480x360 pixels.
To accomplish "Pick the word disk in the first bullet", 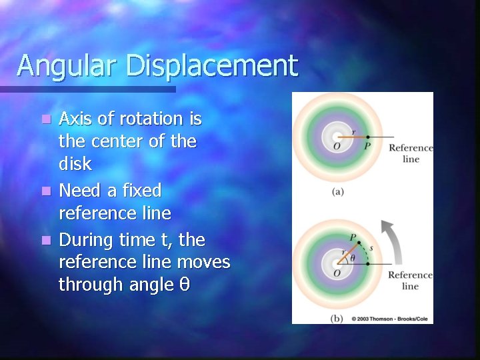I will (75, 164).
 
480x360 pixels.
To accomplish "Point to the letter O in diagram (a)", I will (337, 147).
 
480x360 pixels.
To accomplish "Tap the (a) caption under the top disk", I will (338, 192).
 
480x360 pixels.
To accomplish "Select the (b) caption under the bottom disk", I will (337, 319).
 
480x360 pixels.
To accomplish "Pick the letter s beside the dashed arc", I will (371, 249).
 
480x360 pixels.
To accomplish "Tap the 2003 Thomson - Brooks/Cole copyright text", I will (391, 319).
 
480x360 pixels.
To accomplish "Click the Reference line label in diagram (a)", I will (411, 153).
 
